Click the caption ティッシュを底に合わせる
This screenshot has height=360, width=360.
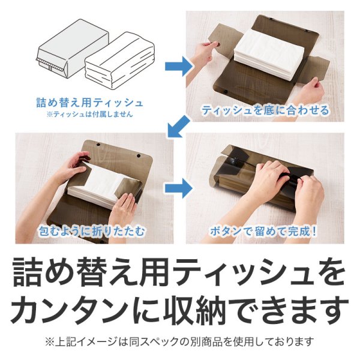[265, 110]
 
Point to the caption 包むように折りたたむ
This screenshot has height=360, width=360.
[95, 230]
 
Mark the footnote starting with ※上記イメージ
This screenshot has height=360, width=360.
[179, 342]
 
